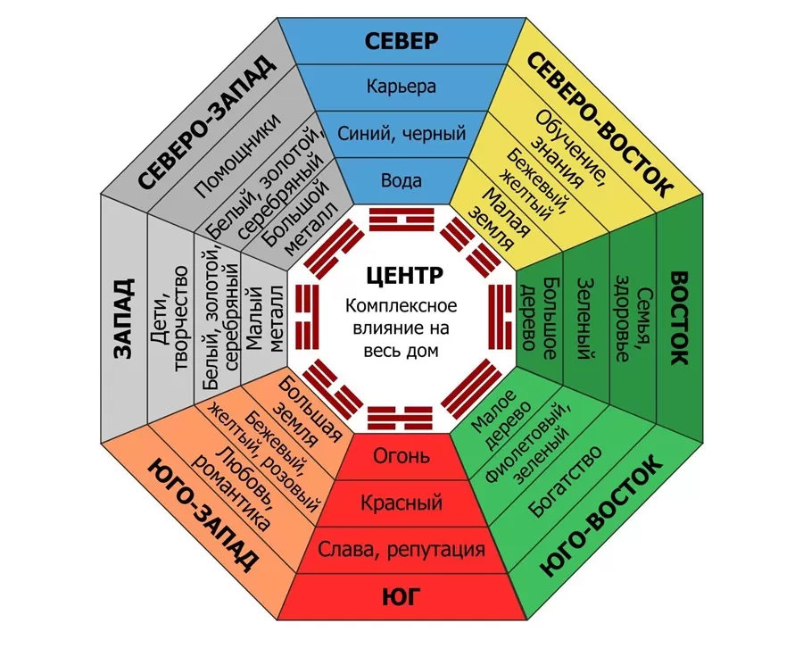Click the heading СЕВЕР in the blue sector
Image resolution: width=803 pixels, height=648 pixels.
401,41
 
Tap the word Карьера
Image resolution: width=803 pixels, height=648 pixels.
401,87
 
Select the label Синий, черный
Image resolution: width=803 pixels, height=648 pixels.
401,135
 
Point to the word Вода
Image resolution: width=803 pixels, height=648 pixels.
401,181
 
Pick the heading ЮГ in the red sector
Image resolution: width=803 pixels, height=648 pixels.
401,596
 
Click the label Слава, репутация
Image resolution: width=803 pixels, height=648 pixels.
401,549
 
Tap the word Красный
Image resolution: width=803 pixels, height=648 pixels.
401,503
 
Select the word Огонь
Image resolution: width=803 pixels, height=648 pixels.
401,457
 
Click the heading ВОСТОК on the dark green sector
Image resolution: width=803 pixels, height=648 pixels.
679,319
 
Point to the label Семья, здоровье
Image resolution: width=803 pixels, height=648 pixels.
631,319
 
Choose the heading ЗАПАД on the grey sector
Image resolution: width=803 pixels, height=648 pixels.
123,319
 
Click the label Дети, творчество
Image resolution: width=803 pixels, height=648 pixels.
171,319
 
